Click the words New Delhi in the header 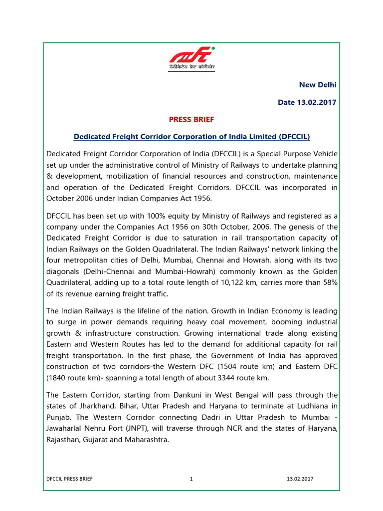point(318,85)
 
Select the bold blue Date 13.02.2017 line point(307,102)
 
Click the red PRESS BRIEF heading point(191,120)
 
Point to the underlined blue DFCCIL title point(191,136)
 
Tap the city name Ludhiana point(308,406)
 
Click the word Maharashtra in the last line point(146,440)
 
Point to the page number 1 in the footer point(191,479)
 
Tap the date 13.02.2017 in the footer point(300,479)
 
